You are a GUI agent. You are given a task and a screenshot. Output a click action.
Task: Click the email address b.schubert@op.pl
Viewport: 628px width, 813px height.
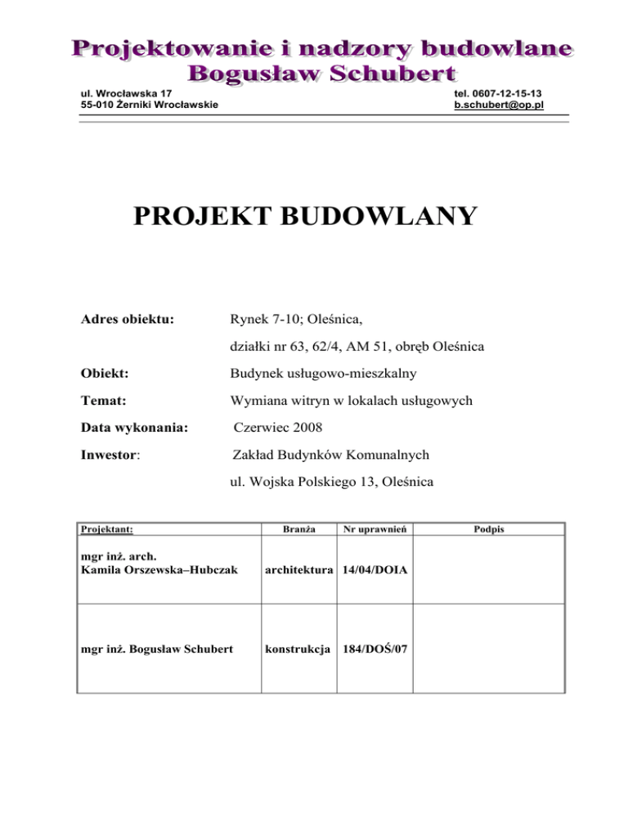(x=501, y=106)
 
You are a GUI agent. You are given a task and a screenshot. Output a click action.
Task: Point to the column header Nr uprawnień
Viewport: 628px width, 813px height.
(x=375, y=529)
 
